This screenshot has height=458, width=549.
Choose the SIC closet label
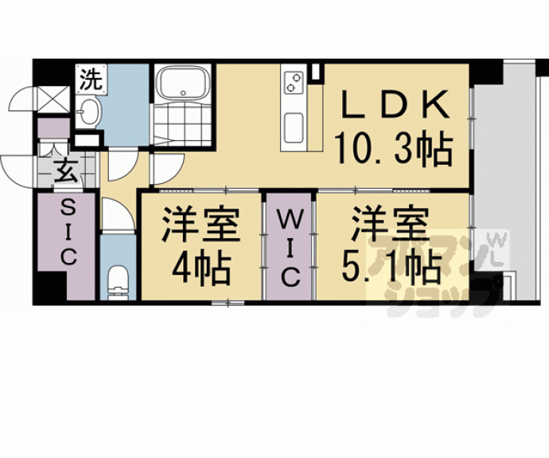68,231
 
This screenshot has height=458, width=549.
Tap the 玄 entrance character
65,172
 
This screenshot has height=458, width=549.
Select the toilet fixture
118,279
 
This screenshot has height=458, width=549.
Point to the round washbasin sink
90,112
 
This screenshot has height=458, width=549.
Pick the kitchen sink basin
292,126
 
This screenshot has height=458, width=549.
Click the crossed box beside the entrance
53,100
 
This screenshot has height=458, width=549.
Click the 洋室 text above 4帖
202,224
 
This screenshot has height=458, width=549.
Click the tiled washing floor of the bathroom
181,126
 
